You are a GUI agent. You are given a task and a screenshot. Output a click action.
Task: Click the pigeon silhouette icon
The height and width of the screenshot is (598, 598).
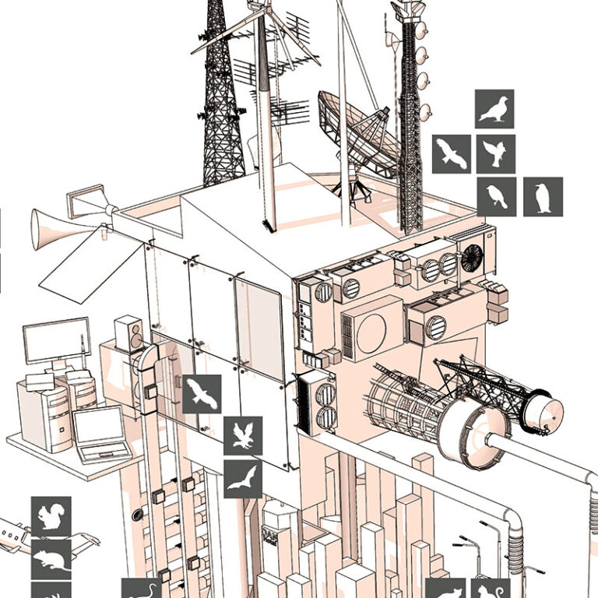(494, 109)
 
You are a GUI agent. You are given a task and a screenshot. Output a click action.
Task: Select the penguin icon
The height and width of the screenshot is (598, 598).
(543, 196)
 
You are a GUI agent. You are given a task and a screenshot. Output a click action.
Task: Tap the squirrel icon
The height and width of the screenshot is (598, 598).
(51, 516)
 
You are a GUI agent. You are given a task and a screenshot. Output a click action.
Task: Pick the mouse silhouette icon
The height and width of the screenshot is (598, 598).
(51, 558)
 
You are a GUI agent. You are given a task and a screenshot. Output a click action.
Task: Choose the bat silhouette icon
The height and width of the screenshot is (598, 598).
(243, 479)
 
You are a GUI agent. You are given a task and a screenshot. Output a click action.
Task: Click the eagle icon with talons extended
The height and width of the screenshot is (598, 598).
(243, 436)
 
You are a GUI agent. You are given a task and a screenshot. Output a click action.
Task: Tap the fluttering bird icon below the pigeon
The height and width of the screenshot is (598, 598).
(495, 153)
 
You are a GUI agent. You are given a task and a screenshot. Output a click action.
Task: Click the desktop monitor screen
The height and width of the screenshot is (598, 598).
(57, 341)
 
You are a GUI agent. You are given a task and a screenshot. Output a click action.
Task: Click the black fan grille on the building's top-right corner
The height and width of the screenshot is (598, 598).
(472, 258)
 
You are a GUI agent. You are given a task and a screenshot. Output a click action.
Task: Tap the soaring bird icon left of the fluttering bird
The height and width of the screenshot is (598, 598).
(452, 153)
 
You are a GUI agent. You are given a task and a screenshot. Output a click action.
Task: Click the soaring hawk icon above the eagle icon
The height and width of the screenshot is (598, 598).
(202, 394)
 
